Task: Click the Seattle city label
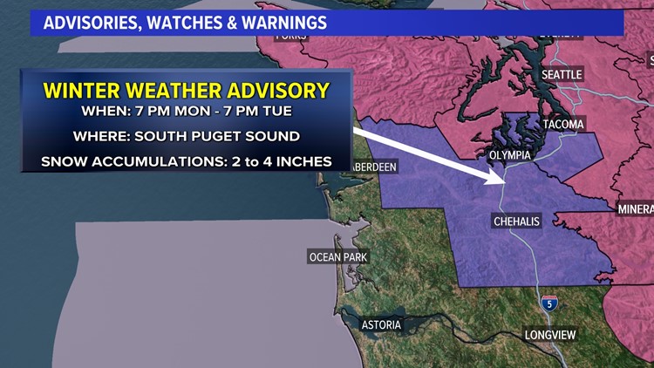pyautogui.click(x=562, y=75)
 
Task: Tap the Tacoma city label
pyautogui.click(x=562, y=125)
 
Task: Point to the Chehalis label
pyautogui.click(x=516, y=221)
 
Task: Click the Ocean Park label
pyautogui.click(x=338, y=256)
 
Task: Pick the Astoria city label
pyautogui.click(x=382, y=324)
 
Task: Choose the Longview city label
pyautogui.click(x=552, y=335)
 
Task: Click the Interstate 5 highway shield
pyautogui.click(x=548, y=303)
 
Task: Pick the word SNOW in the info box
pyautogui.click(x=62, y=161)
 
